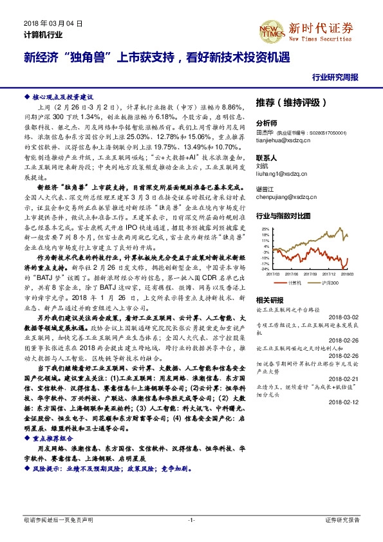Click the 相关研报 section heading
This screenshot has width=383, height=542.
click(x=269, y=300)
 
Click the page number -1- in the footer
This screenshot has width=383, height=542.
click(x=191, y=519)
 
